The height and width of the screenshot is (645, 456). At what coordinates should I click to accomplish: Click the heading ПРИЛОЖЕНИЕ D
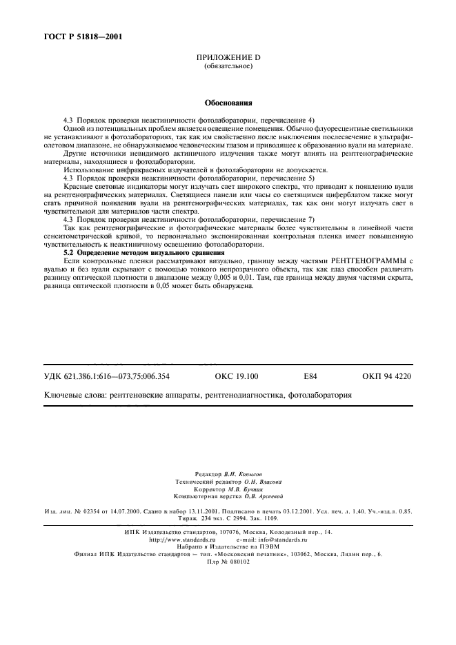click(x=228, y=57)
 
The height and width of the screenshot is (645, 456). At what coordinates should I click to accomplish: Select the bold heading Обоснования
click(x=228, y=103)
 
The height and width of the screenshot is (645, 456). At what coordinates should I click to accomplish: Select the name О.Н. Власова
click(x=259, y=482)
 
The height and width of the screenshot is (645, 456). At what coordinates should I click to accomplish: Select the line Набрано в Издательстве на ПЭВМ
click(x=228, y=547)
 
